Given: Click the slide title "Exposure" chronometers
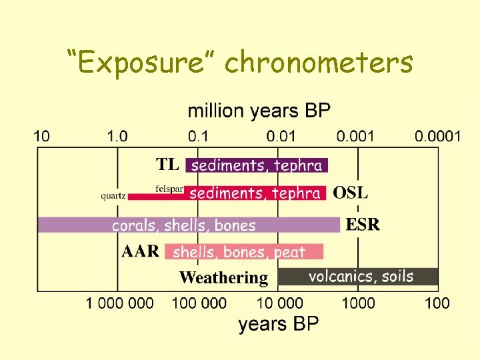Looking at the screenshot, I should (240, 63).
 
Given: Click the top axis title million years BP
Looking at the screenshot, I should (259, 111).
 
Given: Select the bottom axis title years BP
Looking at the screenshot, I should (279, 324).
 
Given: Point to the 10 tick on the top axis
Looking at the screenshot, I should (41, 137).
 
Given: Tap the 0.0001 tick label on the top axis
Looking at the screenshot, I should (437, 137).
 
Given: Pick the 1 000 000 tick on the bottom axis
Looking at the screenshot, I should (119, 303).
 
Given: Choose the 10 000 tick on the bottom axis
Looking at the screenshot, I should (279, 303).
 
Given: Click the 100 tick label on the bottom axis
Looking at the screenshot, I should (437, 303).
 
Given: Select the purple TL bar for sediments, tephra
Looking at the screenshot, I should (257, 165).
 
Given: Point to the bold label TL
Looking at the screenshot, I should (167, 164).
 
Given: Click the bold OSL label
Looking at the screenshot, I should (350, 193).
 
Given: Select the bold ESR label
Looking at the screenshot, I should (363, 225).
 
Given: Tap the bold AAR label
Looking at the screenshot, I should (141, 251).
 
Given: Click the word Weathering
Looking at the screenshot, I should (223, 277).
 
